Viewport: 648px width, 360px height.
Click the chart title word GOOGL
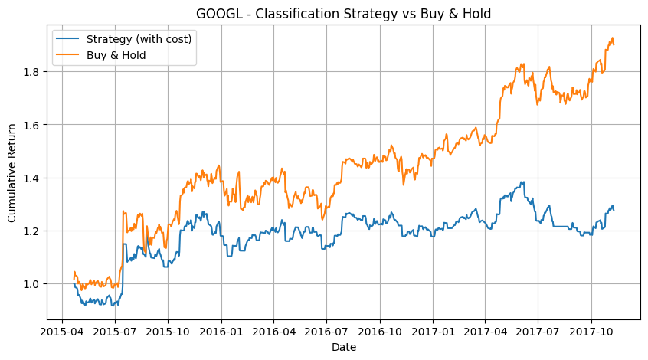(x=219, y=14)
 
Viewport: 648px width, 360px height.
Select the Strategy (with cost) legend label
(x=139, y=39)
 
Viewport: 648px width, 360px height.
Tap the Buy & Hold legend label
(x=116, y=55)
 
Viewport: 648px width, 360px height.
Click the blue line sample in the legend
(x=67, y=39)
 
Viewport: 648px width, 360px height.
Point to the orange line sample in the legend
(x=67, y=55)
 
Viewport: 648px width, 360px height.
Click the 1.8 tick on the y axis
(x=34, y=72)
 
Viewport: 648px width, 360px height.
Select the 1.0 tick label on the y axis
(x=34, y=284)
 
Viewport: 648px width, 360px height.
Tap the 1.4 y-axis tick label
(x=34, y=178)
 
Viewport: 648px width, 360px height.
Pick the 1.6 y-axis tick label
(x=34, y=125)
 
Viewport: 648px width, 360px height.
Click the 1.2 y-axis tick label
(x=34, y=231)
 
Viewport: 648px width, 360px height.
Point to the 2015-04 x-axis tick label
(x=62, y=332)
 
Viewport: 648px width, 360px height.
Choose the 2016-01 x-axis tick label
(x=221, y=332)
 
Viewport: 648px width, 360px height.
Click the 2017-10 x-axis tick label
(x=591, y=332)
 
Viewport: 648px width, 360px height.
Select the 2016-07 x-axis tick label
(x=326, y=332)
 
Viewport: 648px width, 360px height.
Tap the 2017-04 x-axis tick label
(x=485, y=332)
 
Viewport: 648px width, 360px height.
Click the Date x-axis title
(x=344, y=347)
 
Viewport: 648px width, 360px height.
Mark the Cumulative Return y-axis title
(x=11, y=173)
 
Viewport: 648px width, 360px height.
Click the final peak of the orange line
(x=612, y=38)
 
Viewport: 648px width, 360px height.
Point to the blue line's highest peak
(x=523, y=182)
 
